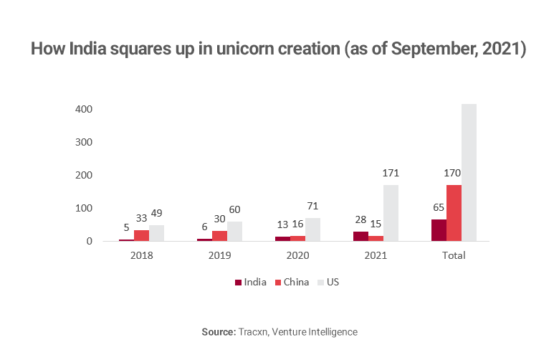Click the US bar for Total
[x=469, y=172]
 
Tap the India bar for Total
[x=439, y=229]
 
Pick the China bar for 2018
[x=141, y=235]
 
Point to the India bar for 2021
[x=360, y=236]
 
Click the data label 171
[x=391, y=173]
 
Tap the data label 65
[x=438, y=207]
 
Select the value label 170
[x=454, y=173]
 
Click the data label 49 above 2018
[x=157, y=213]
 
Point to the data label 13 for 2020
[x=282, y=225]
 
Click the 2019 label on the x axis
[x=220, y=255]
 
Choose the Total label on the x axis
[x=454, y=255]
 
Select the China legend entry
[x=292, y=282]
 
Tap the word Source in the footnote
[x=219, y=332]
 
